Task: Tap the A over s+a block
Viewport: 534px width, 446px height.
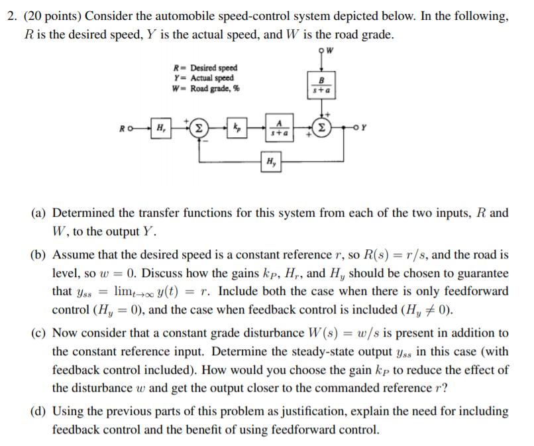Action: (280, 127)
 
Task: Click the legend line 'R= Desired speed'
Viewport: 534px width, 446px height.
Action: (205, 68)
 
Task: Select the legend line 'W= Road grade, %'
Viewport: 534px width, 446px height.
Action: (206, 89)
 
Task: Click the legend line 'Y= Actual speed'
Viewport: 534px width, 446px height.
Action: (203, 78)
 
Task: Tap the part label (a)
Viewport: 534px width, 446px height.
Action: (38, 213)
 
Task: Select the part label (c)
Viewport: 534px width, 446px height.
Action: (38, 333)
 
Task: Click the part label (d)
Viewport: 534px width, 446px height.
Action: (38, 412)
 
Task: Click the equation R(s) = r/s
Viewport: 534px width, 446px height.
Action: (393, 254)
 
